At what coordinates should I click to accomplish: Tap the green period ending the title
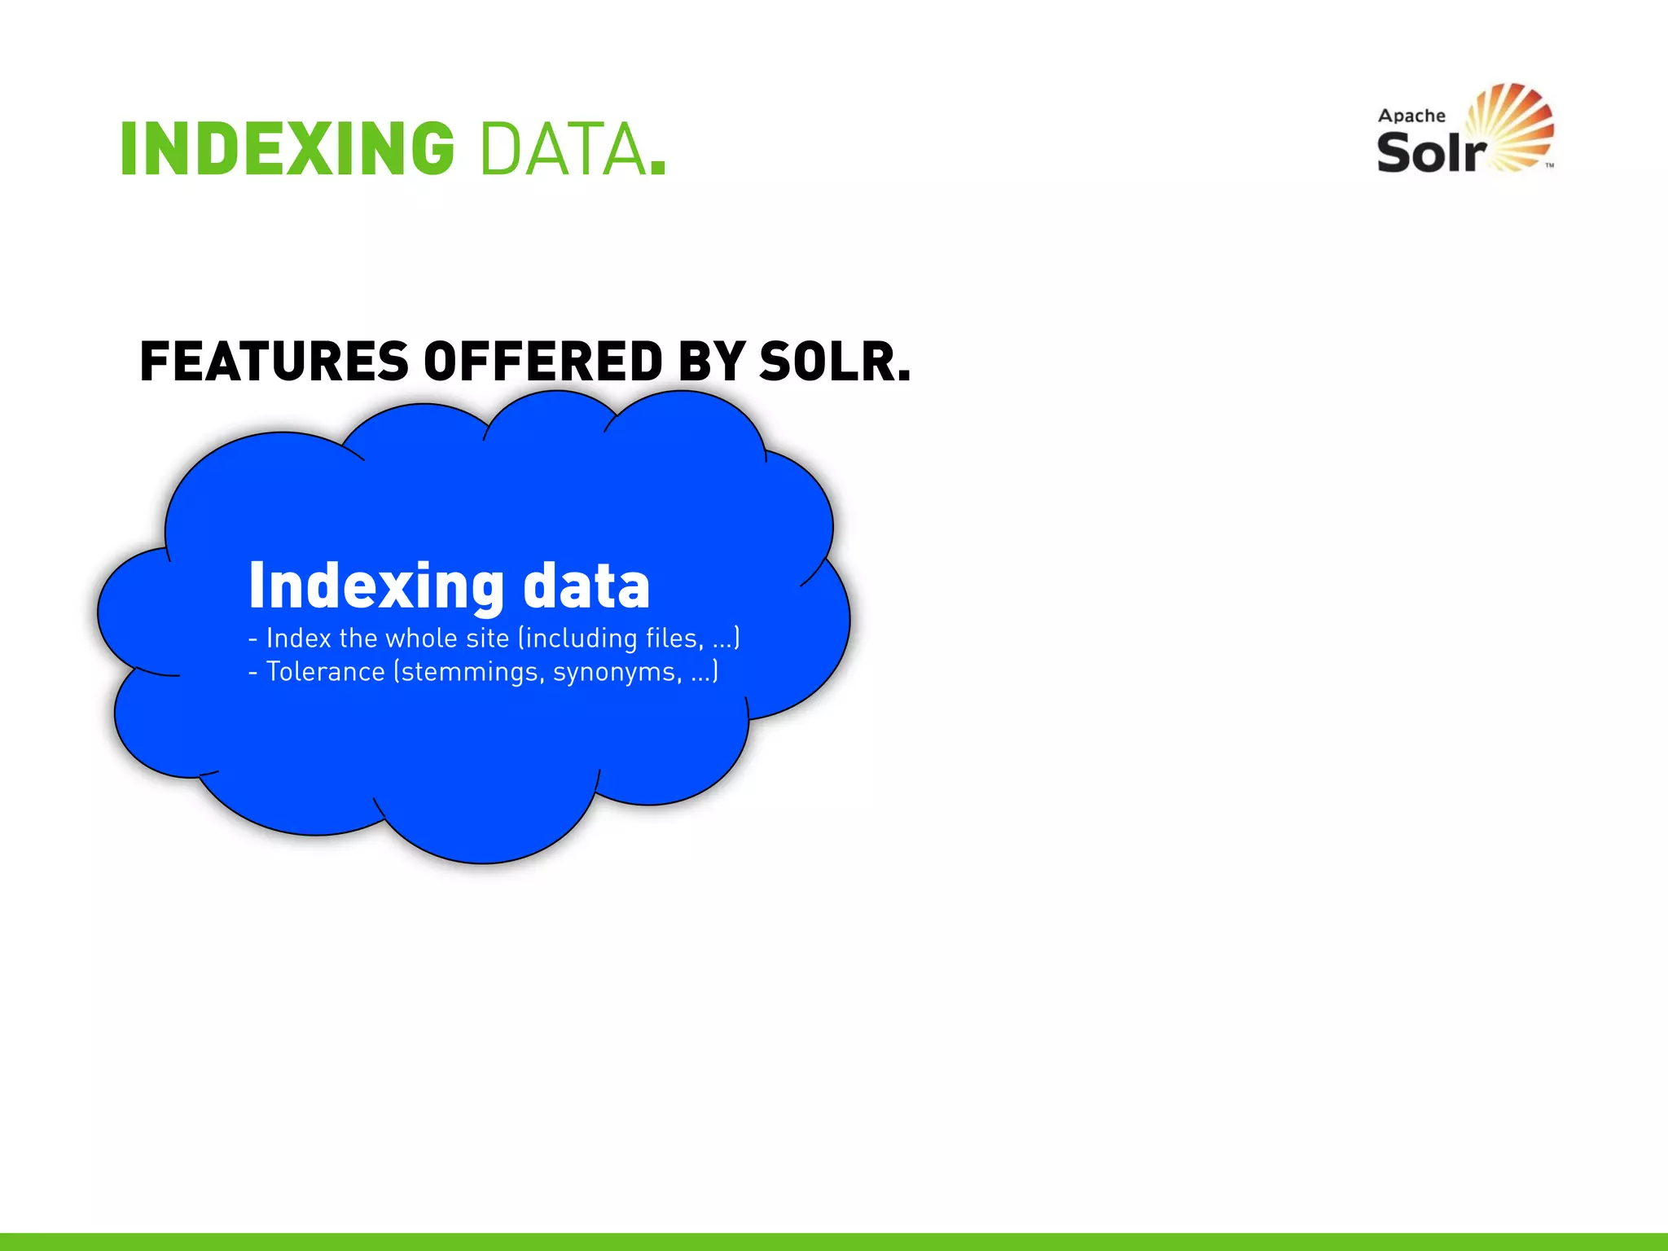pos(658,167)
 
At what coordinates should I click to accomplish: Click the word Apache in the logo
pos(1411,116)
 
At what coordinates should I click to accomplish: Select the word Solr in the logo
pos(1431,152)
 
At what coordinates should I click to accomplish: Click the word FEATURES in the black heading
pos(274,362)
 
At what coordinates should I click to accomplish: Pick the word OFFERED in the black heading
pos(543,362)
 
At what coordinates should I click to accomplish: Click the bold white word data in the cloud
pos(586,586)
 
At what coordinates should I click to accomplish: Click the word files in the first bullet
pos(674,638)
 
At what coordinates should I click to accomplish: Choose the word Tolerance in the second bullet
pos(325,672)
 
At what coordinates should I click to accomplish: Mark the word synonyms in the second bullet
pos(617,672)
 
